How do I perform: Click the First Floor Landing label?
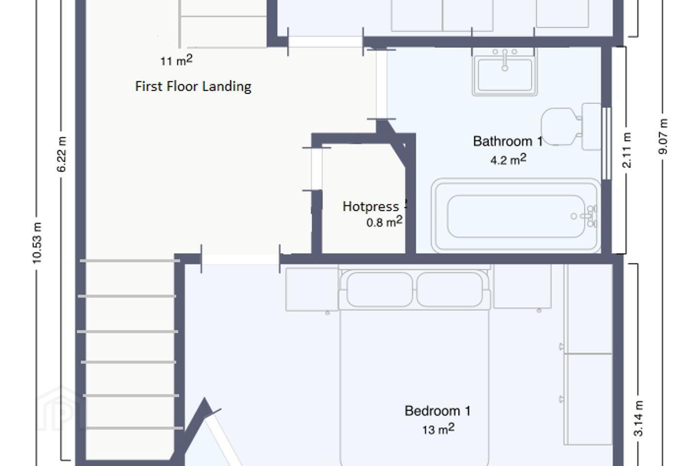pyautogui.click(x=193, y=86)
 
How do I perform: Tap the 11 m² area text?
pyautogui.click(x=176, y=60)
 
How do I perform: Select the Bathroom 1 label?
pyautogui.click(x=508, y=141)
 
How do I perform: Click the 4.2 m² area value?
pyautogui.click(x=508, y=159)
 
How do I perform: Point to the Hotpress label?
pyautogui.click(x=370, y=206)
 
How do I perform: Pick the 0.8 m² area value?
pyautogui.click(x=384, y=221)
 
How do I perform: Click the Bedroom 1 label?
pyautogui.click(x=438, y=411)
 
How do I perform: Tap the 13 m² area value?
pyautogui.click(x=438, y=429)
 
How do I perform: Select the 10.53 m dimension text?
pyautogui.click(x=37, y=243)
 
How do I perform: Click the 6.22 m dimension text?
pyautogui.click(x=62, y=154)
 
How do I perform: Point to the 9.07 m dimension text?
pyautogui.click(x=663, y=136)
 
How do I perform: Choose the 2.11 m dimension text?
pyautogui.click(x=627, y=150)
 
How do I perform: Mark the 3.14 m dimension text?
pyautogui.click(x=638, y=418)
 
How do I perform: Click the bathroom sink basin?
pyautogui.click(x=505, y=75)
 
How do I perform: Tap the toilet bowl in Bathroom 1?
pyautogui.click(x=559, y=126)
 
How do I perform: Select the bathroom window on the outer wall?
pyautogui.click(x=606, y=144)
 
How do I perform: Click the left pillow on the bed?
pyautogui.click(x=380, y=289)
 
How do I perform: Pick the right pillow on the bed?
pyautogui.click(x=449, y=289)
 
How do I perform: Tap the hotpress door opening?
pyautogui.click(x=317, y=169)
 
